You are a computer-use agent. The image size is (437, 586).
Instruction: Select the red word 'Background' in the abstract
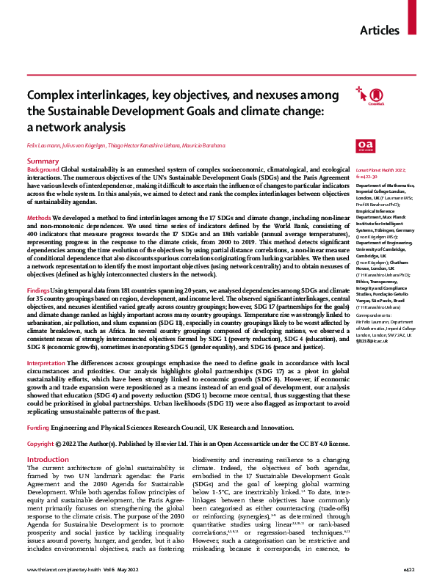[43, 169]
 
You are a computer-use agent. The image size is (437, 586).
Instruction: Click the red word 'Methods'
[39, 219]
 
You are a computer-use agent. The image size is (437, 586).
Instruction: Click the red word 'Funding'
[38, 427]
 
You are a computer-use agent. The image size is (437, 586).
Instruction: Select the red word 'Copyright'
[40, 444]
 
